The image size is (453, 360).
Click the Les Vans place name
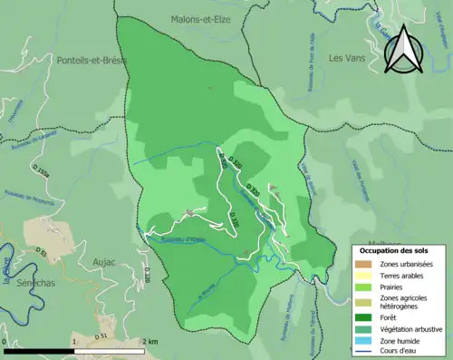click(346, 58)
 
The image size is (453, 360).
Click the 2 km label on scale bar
click(149, 341)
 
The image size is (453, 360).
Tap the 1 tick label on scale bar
click(73, 341)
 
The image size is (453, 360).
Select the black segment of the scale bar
click(39, 350)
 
